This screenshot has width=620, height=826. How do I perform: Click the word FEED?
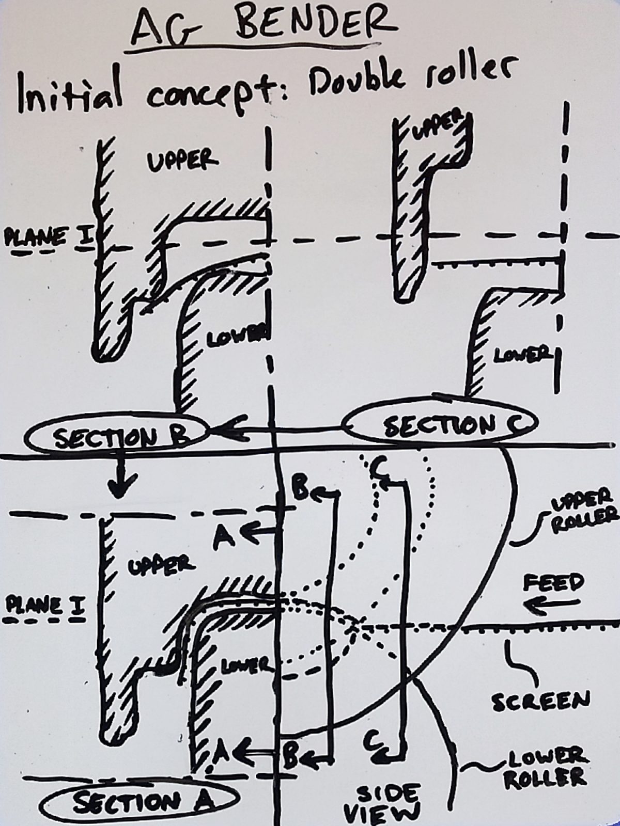tap(553, 583)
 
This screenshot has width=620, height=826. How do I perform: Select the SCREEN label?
tap(540, 702)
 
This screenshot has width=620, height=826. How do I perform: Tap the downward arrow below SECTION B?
tap(120, 478)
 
